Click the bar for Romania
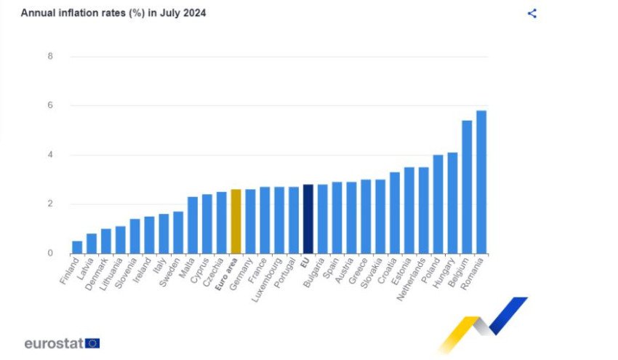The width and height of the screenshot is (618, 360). pyautogui.click(x=481, y=182)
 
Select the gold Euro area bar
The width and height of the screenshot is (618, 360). pyautogui.click(x=236, y=222)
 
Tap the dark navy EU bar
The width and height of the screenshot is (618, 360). pyautogui.click(x=308, y=219)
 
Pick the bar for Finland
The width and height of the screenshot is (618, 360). pyautogui.click(x=77, y=247)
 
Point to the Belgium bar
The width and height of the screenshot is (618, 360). pyautogui.click(x=467, y=187)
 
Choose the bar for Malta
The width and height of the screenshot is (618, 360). pyautogui.click(x=193, y=225)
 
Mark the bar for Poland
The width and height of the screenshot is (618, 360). pyautogui.click(x=438, y=204)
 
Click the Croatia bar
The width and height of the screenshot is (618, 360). pyautogui.click(x=395, y=213)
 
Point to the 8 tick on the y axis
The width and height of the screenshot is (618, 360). pyautogui.click(x=50, y=57)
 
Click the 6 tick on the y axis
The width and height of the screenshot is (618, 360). pyautogui.click(x=50, y=105)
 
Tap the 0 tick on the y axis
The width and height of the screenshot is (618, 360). pyautogui.click(x=50, y=253)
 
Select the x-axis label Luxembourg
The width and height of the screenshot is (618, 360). pyautogui.click(x=268, y=279)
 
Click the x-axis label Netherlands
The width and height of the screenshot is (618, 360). pyautogui.click(x=412, y=279)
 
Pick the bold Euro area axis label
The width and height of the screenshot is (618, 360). pyautogui.click(x=227, y=274)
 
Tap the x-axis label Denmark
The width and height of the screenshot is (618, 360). pyautogui.click(x=97, y=274)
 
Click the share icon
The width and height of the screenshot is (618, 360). pyautogui.click(x=532, y=13)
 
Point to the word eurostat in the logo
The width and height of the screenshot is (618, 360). pyautogui.click(x=54, y=343)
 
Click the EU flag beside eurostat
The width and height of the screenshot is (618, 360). pyautogui.click(x=92, y=343)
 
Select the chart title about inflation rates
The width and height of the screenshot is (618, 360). pyautogui.click(x=113, y=13)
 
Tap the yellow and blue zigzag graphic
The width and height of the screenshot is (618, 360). pyautogui.click(x=483, y=324)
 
